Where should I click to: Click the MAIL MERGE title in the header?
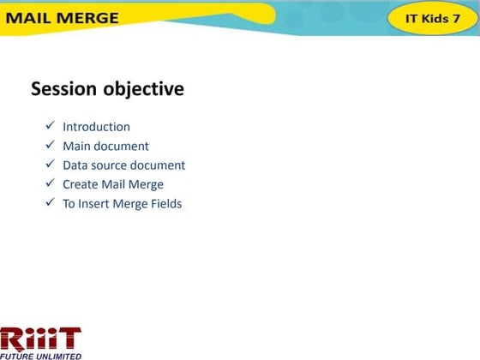[64, 18]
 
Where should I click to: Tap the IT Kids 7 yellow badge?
[433, 18]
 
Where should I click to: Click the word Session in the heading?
[64, 89]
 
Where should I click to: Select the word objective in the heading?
[143, 89]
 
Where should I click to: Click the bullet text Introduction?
[96, 127]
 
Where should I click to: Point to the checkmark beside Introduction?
[51, 127]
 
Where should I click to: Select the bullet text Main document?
[105, 146]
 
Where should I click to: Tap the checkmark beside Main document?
[51, 146]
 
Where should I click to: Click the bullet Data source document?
[123, 165]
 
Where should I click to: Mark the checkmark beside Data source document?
[51, 165]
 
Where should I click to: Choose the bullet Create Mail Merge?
[112, 184]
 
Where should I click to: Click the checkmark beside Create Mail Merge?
[51, 184]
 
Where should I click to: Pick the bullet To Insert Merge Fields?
[122, 204]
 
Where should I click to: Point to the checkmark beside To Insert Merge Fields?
[51, 204]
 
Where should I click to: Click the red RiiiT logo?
[40, 337]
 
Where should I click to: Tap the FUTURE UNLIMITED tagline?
[40, 355]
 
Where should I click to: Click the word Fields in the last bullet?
[165, 204]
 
